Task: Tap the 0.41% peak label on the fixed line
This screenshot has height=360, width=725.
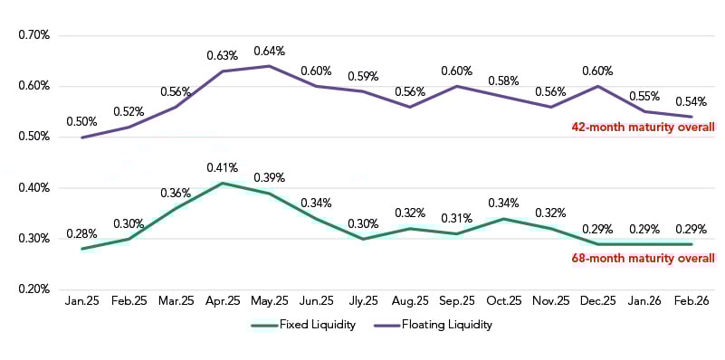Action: pyautogui.click(x=222, y=167)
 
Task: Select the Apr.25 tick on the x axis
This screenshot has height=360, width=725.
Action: pyautogui.click(x=222, y=300)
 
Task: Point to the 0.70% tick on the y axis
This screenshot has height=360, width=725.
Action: pyautogui.click(x=33, y=35)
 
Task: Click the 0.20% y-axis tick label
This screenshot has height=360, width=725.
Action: pyautogui.click(x=33, y=289)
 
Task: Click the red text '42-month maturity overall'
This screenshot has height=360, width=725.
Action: pyautogui.click(x=642, y=128)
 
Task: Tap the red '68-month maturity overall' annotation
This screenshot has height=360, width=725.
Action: pyautogui.click(x=642, y=258)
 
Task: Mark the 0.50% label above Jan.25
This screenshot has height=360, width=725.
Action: pyautogui.click(x=81, y=122)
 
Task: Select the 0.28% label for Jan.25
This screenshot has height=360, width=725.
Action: pyautogui.click(x=81, y=233)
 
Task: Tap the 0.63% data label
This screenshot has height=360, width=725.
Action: pyautogui.click(x=222, y=55)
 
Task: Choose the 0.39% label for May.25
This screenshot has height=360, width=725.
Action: pyautogui.click(x=269, y=177)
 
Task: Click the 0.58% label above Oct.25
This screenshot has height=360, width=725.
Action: pyautogui.click(x=504, y=81)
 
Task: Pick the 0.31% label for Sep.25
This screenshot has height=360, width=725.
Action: pyautogui.click(x=457, y=218)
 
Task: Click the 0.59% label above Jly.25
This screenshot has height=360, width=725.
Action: pyautogui.click(x=363, y=76)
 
